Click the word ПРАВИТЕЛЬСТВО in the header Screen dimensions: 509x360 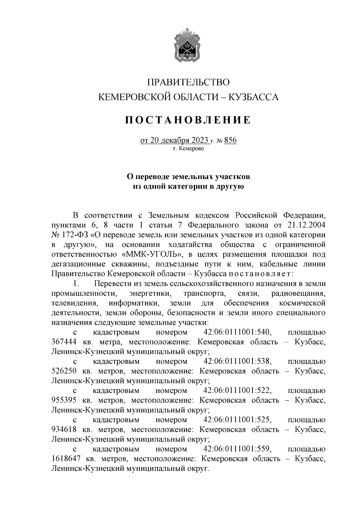(189, 82)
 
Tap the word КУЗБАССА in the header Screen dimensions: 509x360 (254, 97)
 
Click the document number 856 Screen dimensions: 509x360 (230, 140)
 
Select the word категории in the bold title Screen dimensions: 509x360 (184, 187)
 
